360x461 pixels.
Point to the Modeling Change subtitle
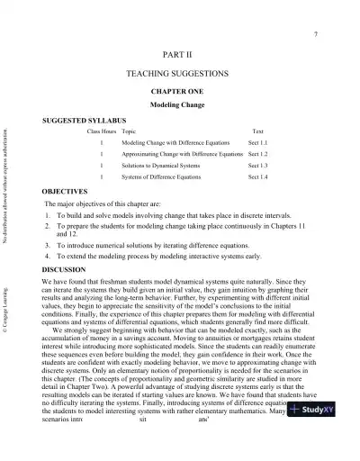pyautogui.click(x=180, y=104)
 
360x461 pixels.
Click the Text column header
pyautogui.click(x=258, y=131)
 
